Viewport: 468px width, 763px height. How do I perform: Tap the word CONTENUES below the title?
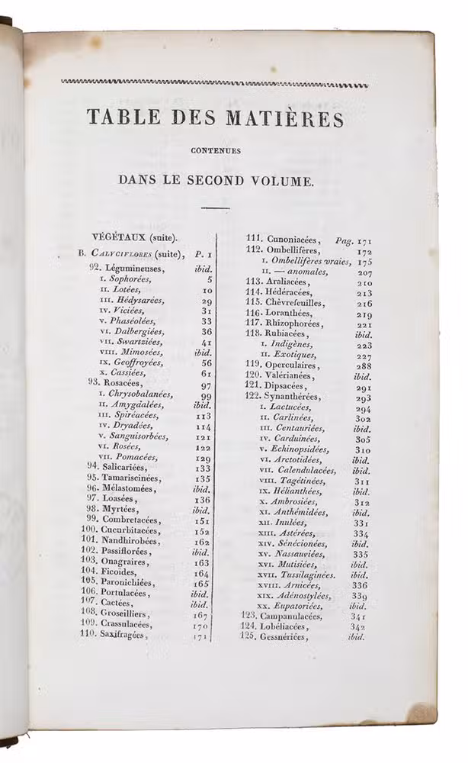216,151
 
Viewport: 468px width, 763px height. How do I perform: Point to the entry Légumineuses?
136,268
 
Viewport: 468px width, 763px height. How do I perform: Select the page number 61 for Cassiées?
206,373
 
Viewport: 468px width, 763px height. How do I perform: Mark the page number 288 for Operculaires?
364,365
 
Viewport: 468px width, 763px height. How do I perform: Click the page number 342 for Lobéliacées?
358,626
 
